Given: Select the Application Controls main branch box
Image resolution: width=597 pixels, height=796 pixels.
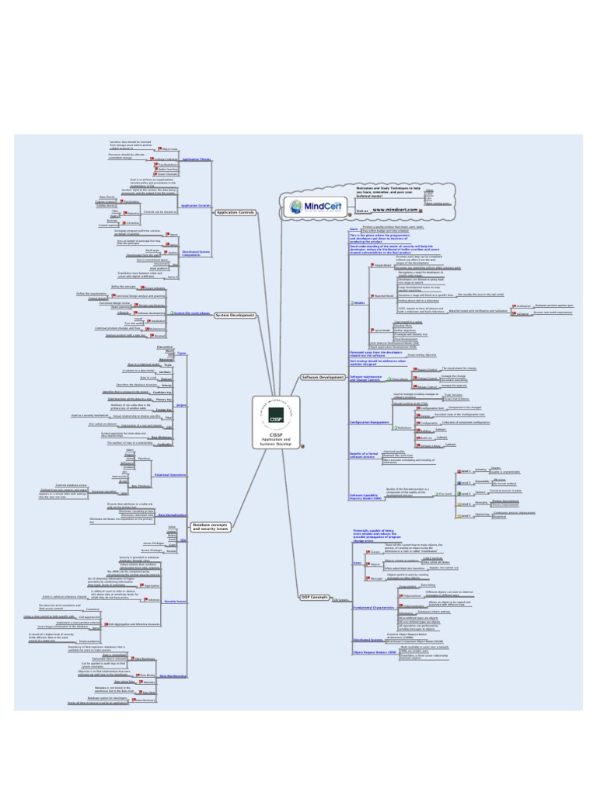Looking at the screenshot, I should pyautogui.click(x=236, y=212).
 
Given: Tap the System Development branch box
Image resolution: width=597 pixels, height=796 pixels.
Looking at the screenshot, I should pyautogui.click(x=235, y=315).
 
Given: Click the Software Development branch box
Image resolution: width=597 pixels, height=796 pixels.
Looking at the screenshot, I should pyautogui.click(x=322, y=377).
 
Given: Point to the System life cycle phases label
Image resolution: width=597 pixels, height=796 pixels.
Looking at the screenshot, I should pyautogui.click(x=191, y=313).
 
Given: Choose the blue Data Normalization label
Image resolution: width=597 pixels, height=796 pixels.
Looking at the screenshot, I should pyautogui.click(x=173, y=515).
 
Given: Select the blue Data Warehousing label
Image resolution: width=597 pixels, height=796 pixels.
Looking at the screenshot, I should pyautogui.click(x=173, y=676).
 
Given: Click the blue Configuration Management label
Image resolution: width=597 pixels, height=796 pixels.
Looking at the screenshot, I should pyautogui.click(x=370, y=422).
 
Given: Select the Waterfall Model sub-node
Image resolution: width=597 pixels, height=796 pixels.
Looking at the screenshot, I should pyautogui.click(x=384, y=295).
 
